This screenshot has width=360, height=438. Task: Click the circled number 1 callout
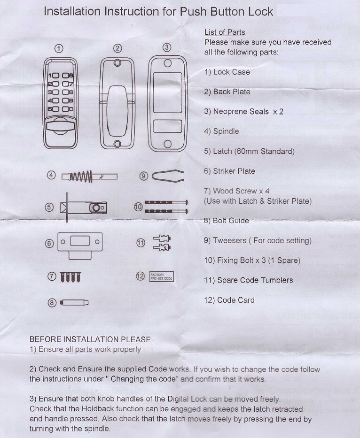(x=58, y=48)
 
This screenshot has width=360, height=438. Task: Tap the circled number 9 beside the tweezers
(x=143, y=176)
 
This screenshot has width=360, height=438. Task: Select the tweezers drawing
(x=168, y=176)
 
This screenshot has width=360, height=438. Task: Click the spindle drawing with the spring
(x=89, y=176)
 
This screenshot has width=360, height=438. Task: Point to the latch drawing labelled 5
(x=83, y=207)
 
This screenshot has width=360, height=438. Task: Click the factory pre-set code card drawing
(x=161, y=277)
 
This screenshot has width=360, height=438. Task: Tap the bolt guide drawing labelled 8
(x=74, y=302)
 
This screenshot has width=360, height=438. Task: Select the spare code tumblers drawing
(x=162, y=243)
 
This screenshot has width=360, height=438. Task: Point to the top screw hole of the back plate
(x=117, y=63)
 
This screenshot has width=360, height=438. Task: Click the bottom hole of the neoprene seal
(x=168, y=144)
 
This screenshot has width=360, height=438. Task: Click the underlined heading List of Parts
(x=225, y=32)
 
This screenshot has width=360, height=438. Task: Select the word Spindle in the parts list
(x=226, y=131)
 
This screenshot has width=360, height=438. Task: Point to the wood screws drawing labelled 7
(x=70, y=277)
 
